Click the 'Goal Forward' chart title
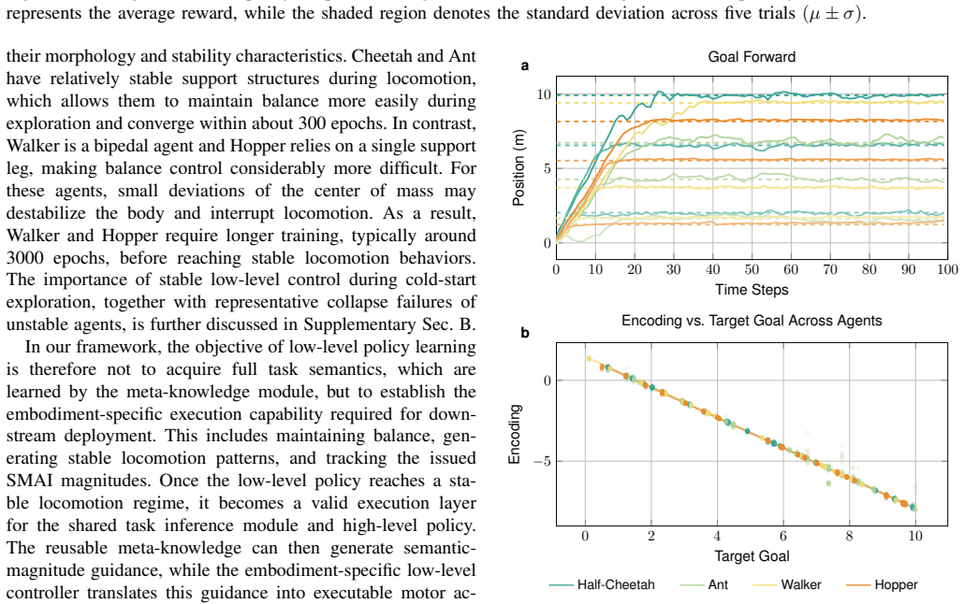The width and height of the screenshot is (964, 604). coord(752,57)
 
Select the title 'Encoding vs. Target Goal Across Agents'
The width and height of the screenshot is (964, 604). coord(752,321)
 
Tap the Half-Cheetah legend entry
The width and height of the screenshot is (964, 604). coord(602,584)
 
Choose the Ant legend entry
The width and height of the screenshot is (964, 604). coord(704,584)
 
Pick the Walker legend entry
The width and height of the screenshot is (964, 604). coord(787,584)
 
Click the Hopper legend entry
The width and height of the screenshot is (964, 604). coord(883,584)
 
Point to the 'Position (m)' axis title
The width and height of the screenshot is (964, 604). coord(519,167)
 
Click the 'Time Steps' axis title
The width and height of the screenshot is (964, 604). coord(752,290)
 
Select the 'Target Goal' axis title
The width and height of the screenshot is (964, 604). coord(752,556)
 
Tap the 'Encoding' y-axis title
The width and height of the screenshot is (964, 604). coord(515,434)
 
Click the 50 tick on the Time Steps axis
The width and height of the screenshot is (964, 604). coord(752,269)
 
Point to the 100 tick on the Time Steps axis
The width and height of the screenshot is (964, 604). coord(947,269)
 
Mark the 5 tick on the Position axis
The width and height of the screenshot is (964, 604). coord(548,168)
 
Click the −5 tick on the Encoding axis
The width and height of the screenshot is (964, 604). coord(542,462)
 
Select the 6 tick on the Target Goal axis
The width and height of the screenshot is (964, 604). coord(783,536)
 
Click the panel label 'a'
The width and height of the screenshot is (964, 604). coord(524,65)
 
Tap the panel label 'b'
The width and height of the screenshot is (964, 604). coord(524,333)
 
